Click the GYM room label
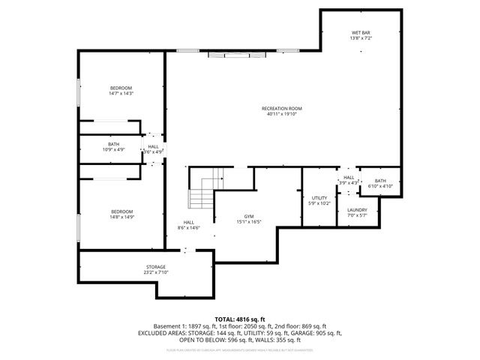tap(248, 215)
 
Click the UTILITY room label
tap(319, 197)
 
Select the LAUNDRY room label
tap(357, 210)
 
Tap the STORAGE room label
tap(155, 267)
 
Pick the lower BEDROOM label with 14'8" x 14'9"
tap(121, 211)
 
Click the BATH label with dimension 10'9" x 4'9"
tap(113, 144)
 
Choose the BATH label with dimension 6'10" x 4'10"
tap(380, 181)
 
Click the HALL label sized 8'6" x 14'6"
tap(188, 222)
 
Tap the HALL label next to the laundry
tap(349, 177)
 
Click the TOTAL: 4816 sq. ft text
tap(239, 319)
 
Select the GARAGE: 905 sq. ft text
tap(319, 332)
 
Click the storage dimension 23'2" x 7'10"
tap(155, 273)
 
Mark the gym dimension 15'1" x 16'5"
tap(248, 221)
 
